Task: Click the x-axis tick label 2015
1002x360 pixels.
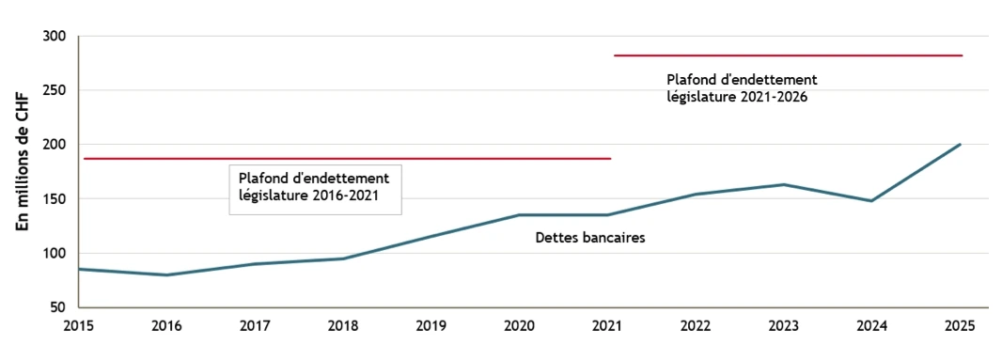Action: coord(79,326)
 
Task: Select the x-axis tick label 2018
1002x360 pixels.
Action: coord(343,326)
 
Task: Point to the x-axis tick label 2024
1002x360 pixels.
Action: coord(871,326)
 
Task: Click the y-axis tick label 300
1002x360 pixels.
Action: coord(55,37)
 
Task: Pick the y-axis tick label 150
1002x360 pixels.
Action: coord(55,199)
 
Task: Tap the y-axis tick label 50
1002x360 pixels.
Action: coord(58,307)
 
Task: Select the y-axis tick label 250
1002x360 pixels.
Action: coord(55,91)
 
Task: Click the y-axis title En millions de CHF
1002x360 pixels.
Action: coord(23,172)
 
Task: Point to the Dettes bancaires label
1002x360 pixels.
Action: coord(590,239)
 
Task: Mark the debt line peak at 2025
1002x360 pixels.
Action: coord(960,145)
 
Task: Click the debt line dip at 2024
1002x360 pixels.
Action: coord(871,201)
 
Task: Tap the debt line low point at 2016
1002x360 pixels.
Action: coord(167,274)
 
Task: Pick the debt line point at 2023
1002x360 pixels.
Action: coord(784,184)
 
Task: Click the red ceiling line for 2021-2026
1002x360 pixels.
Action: coord(788,55)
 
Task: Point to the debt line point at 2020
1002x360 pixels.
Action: coord(519,215)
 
